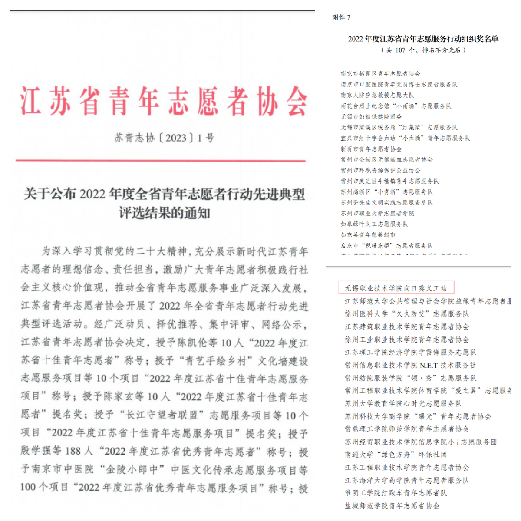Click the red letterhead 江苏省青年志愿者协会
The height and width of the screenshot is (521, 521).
pyautogui.click(x=164, y=101)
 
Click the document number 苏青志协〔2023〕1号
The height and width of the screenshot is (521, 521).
pyautogui.click(x=164, y=138)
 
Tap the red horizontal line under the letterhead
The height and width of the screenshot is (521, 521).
pyautogui.click(x=161, y=161)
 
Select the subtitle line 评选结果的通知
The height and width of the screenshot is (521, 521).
pyautogui.click(x=165, y=213)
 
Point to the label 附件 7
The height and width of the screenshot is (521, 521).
pyautogui.click(x=341, y=17)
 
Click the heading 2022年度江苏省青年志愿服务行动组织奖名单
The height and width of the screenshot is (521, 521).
pyautogui.click(x=423, y=39)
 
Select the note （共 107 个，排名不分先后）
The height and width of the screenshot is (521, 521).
pyautogui.click(x=423, y=50)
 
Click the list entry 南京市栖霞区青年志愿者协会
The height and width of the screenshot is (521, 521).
pyautogui.click(x=380, y=74)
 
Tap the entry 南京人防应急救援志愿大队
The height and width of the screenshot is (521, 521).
pyautogui.click(x=377, y=95)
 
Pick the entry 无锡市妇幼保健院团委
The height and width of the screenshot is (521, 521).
pyautogui.click(x=371, y=116)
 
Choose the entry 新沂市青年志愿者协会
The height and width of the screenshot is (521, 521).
pyautogui.click(x=371, y=149)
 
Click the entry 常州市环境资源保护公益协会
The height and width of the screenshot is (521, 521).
pyautogui.click(x=380, y=170)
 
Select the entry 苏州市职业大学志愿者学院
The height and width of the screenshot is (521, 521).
pyautogui.click(x=377, y=213)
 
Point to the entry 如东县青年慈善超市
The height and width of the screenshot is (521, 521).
pyautogui.click(x=368, y=234)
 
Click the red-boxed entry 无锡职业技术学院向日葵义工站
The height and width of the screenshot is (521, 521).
pyautogui.click(x=396, y=288)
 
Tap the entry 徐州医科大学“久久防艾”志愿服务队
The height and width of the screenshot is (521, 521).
pyautogui.click(x=407, y=313)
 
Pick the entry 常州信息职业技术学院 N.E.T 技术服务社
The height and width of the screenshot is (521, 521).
pyautogui.click(x=410, y=365)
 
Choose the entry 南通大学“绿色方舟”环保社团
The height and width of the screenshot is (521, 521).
pyautogui.click(x=396, y=455)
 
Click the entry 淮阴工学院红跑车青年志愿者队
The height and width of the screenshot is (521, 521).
pyautogui.click(x=396, y=493)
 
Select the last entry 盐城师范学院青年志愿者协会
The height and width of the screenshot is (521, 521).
pyautogui.click(x=392, y=506)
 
